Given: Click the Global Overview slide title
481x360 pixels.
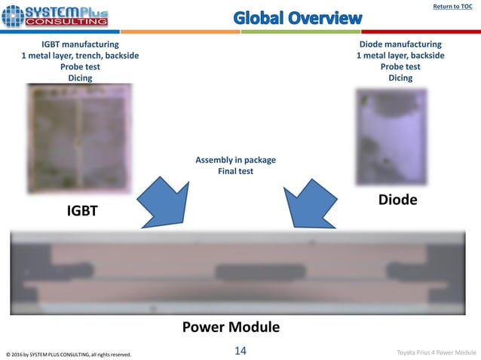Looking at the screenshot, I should [x=297, y=17].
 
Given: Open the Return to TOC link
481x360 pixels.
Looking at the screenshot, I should [x=452, y=7].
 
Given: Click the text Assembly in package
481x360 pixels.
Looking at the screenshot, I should [x=235, y=160].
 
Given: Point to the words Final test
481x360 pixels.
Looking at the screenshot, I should [x=235, y=171].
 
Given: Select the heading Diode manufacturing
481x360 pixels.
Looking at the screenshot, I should [x=400, y=44].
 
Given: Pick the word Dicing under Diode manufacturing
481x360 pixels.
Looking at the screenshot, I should [x=400, y=78].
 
